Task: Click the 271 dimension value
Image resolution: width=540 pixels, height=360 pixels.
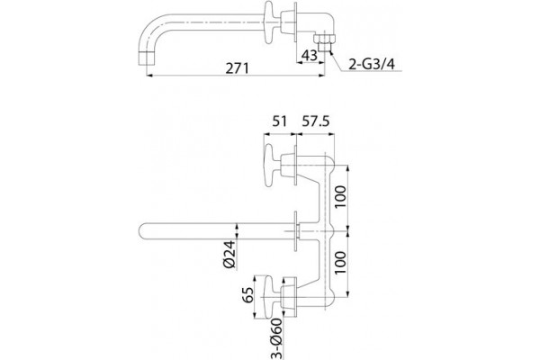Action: [x=237, y=67]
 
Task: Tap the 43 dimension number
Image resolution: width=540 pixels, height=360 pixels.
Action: [x=309, y=55]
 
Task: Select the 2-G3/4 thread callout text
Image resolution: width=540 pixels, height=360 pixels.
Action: [x=372, y=64]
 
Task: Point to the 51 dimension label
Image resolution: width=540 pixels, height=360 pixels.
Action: [x=280, y=121]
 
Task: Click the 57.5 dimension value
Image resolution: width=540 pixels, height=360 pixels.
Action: [x=316, y=121]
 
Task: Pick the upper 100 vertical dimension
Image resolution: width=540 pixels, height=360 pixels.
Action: [x=340, y=197]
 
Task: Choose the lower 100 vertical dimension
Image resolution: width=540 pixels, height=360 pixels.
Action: [x=340, y=263]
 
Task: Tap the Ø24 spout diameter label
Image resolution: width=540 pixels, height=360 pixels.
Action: [x=229, y=254]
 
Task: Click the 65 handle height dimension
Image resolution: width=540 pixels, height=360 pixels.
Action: [x=248, y=294]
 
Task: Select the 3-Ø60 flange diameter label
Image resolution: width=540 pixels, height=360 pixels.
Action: [x=276, y=338]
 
